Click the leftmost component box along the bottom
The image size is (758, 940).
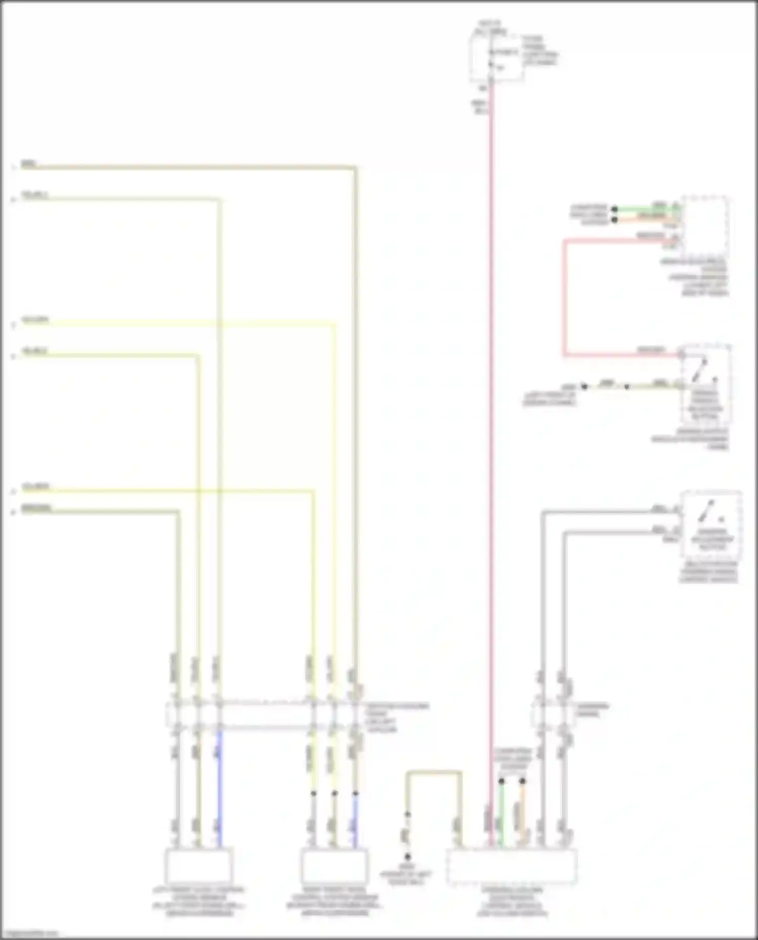[199, 866]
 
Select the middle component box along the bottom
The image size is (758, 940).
[334, 866]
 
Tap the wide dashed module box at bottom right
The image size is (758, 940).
[511, 867]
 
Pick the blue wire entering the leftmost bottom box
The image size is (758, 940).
[219, 788]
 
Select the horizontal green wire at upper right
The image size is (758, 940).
[647, 208]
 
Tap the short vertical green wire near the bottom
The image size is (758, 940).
[501, 813]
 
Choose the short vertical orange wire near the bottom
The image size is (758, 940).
[523, 813]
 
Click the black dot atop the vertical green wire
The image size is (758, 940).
[501, 781]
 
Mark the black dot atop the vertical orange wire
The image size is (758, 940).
[523, 781]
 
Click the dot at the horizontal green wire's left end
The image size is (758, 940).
[614, 209]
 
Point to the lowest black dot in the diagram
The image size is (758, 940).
[407, 857]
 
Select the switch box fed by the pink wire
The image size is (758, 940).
[705, 384]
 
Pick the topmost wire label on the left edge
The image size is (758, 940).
[29, 164]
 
